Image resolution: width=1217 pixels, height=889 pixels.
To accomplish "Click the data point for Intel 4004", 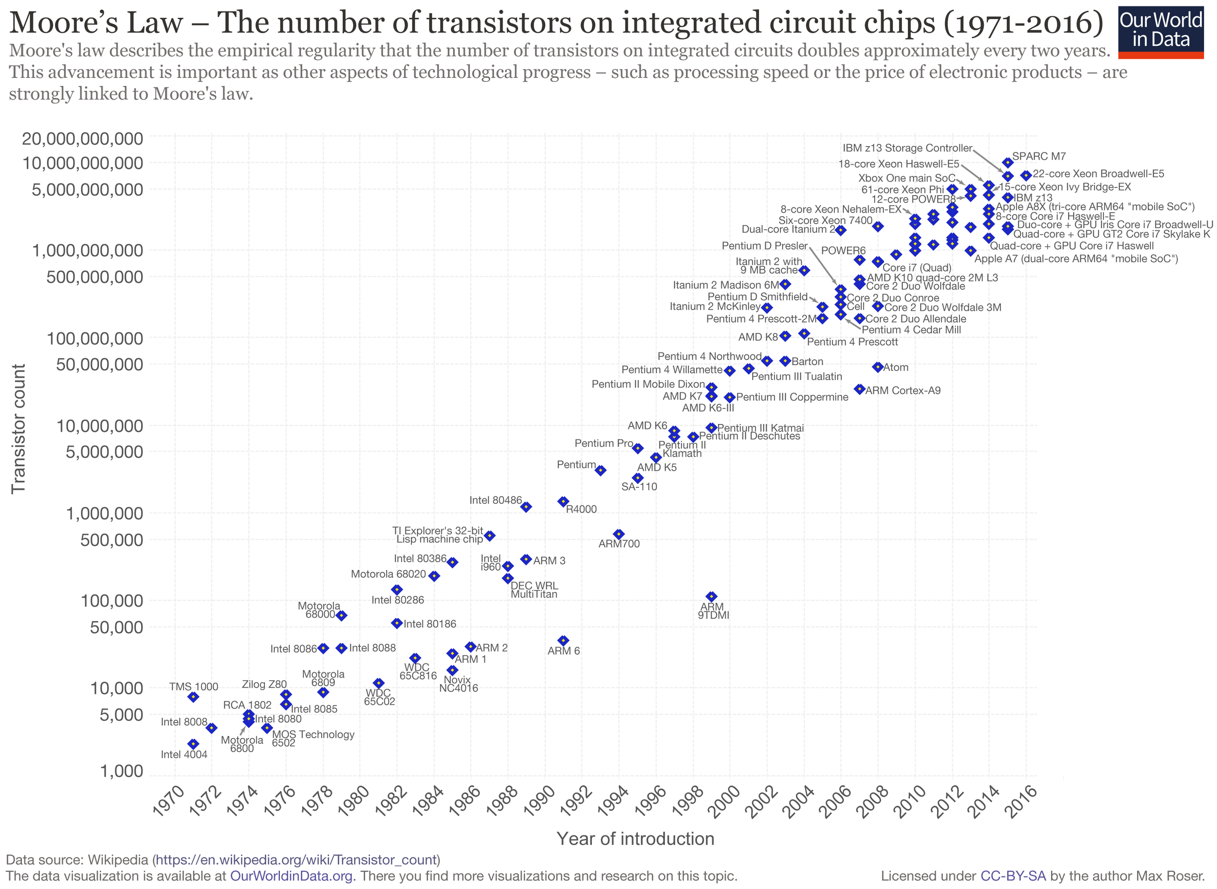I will coord(193,744).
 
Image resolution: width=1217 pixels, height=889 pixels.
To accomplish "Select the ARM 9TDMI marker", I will coord(711,596).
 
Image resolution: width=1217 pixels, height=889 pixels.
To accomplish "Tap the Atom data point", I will coord(878,367).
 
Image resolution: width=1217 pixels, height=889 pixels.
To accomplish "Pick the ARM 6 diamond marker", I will coord(563,640).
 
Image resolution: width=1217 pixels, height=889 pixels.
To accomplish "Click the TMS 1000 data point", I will coord(193,697).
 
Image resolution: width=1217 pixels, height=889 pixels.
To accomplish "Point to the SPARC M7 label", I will coord(1038,157).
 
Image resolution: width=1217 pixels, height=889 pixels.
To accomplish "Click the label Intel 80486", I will coord(495,500).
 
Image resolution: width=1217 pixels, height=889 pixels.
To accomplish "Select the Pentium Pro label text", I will coord(604,444).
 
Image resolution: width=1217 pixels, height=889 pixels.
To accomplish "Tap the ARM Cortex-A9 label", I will coord(903,390).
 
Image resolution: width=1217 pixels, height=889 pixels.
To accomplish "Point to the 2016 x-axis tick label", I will coord(1023,802).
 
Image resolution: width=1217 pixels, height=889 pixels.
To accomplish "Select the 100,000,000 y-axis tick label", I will coord(95,338).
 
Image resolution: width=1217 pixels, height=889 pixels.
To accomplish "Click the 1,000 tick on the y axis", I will coord(122,771).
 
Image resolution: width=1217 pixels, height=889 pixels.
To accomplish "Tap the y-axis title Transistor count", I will coord(19,429).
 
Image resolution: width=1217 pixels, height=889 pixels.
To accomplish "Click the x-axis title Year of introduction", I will coord(635,839).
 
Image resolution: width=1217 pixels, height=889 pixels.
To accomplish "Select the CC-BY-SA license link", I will coord(1013,876).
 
